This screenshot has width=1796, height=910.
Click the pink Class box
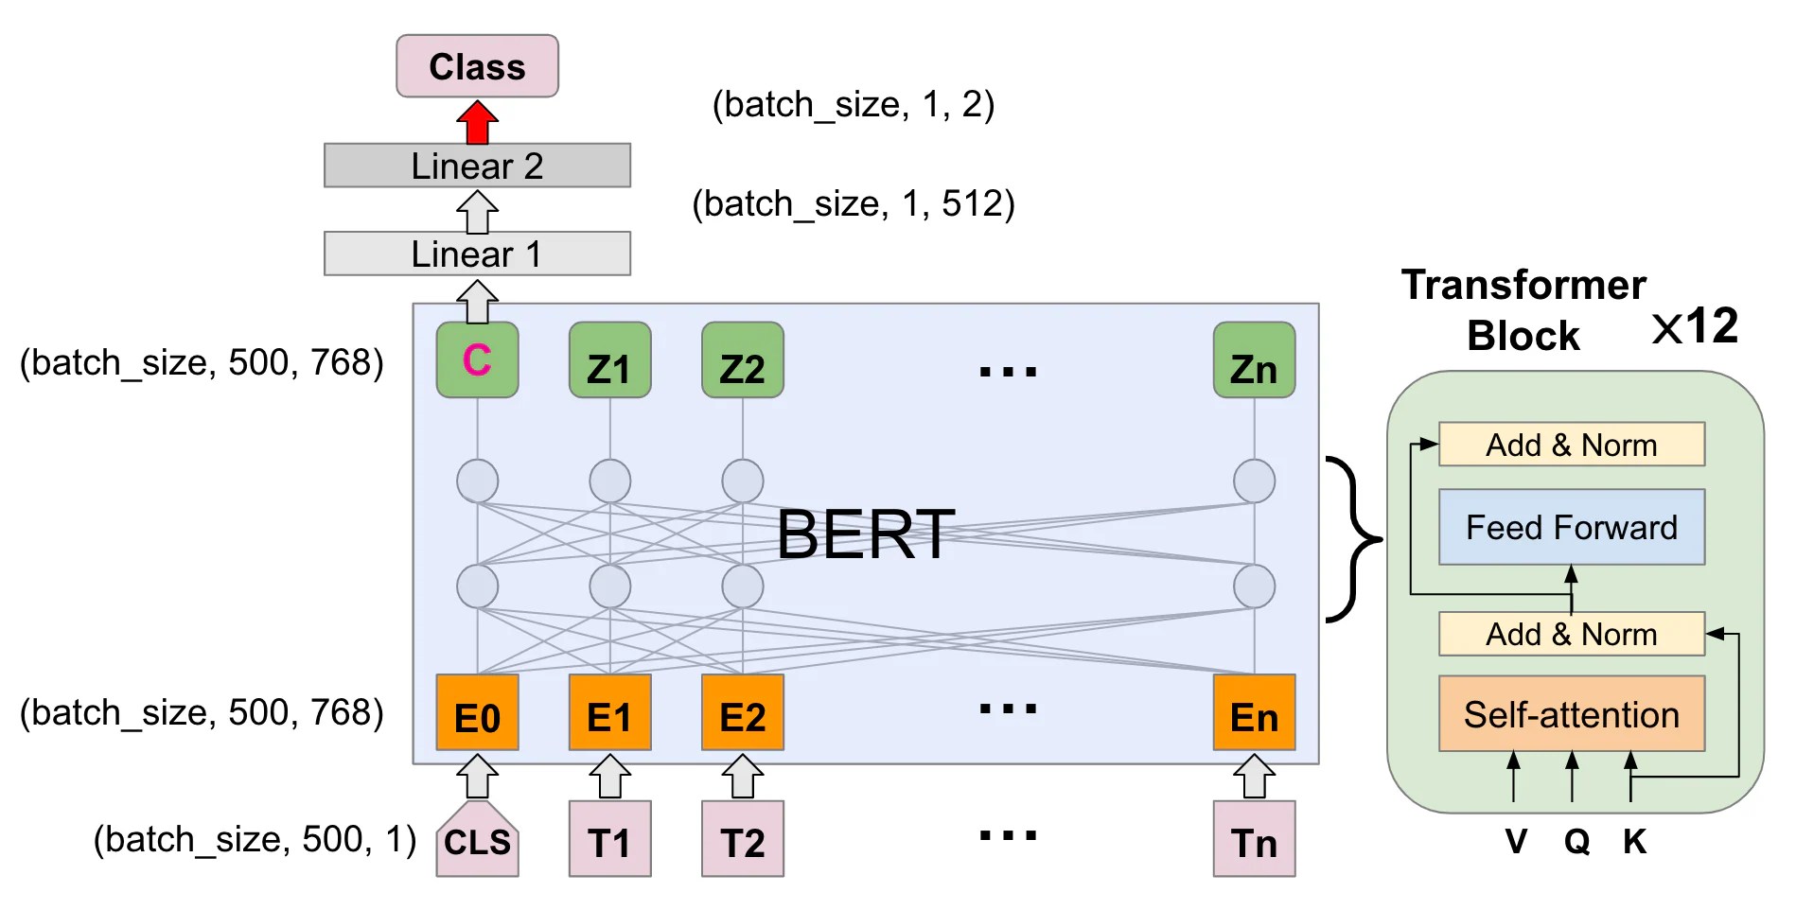[477, 66]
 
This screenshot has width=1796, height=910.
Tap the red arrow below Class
[477, 123]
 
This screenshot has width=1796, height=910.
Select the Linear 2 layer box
[477, 166]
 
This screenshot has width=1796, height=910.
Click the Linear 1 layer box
[477, 254]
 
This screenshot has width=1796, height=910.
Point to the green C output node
[477, 359]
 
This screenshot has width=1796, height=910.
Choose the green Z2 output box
[742, 360]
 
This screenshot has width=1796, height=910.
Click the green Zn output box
[1254, 360]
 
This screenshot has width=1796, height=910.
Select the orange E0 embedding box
[477, 713]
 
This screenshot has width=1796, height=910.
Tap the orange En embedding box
[1254, 713]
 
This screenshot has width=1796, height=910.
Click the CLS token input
[477, 840]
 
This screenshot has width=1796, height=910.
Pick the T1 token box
[609, 840]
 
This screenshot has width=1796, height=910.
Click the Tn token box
[1254, 840]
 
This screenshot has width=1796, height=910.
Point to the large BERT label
[865, 534]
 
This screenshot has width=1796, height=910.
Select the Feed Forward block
[1571, 527]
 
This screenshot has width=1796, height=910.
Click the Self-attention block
[1571, 714]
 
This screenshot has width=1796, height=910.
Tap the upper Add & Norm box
[1571, 445]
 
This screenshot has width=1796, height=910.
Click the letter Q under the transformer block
[1576, 841]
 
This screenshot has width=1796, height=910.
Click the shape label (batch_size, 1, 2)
[853, 104]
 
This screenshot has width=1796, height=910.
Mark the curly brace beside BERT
[1353, 539]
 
